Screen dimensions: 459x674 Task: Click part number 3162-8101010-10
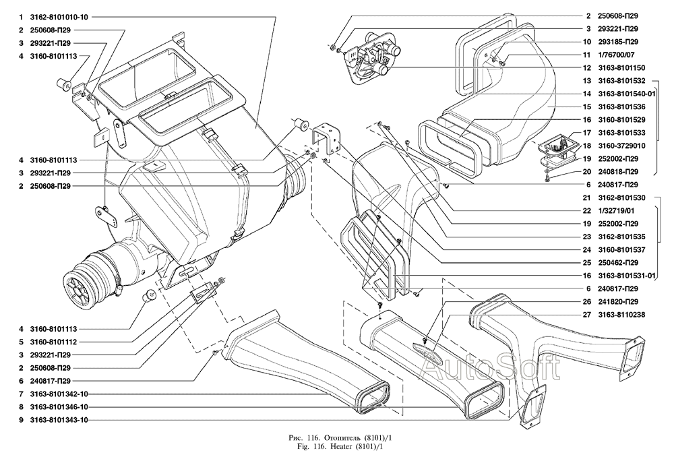pyautogui.click(x=59, y=17)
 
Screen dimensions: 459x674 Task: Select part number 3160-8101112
pyautogui.click(x=53, y=341)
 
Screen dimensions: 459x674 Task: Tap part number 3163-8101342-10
pyautogui.click(x=59, y=394)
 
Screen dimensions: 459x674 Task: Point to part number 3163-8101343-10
pyautogui.click(x=59, y=419)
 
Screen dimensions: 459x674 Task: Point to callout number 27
pyautogui.click(x=587, y=314)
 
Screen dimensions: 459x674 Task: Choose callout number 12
pyautogui.click(x=587, y=68)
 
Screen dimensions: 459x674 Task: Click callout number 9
pyautogui.click(x=21, y=419)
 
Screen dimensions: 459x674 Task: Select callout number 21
pyautogui.click(x=587, y=197)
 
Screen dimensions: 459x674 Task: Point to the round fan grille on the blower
pyautogui.click(x=80, y=288)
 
